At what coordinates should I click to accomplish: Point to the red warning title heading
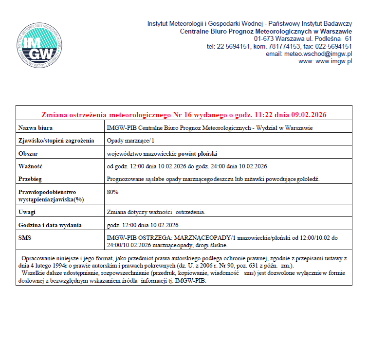(183, 115)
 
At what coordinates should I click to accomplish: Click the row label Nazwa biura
(35, 128)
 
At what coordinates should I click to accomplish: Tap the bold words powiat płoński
(197, 153)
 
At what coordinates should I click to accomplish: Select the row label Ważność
(30, 166)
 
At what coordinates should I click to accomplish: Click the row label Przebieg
(30, 179)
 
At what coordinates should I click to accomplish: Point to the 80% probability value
(112, 192)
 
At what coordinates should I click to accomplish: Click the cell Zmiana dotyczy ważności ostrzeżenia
(156, 212)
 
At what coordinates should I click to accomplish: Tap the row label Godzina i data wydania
(50, 225)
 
